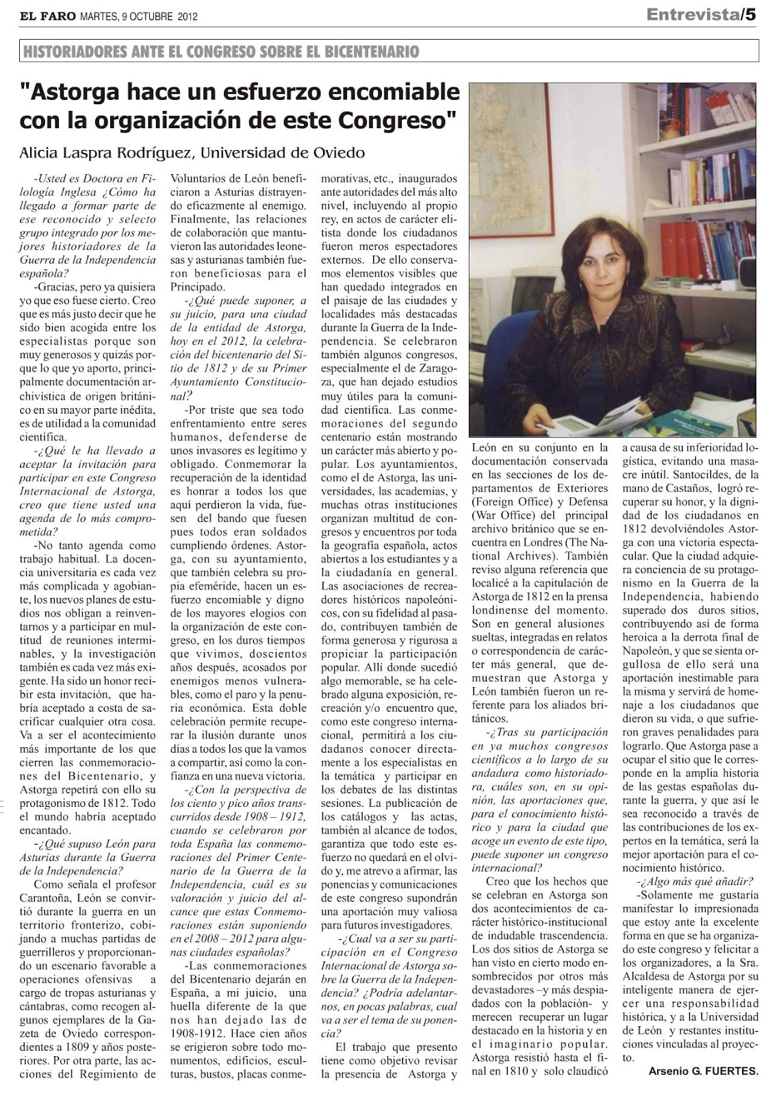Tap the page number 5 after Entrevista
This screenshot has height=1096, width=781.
tap(751, 15)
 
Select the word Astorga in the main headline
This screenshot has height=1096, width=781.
tap(75, 92)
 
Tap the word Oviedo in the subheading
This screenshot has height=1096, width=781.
tap(339, 152)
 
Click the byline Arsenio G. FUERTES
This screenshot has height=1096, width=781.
tap(703, 1073)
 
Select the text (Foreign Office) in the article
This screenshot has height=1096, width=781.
tap(511, 501)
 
